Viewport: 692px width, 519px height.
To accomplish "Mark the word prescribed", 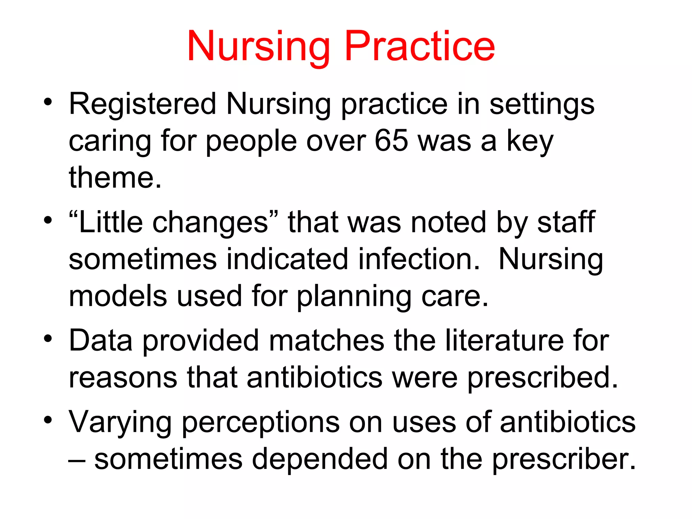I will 543,378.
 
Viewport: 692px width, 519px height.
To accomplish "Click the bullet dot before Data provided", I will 48,338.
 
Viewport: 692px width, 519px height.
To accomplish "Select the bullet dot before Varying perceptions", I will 48,420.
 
